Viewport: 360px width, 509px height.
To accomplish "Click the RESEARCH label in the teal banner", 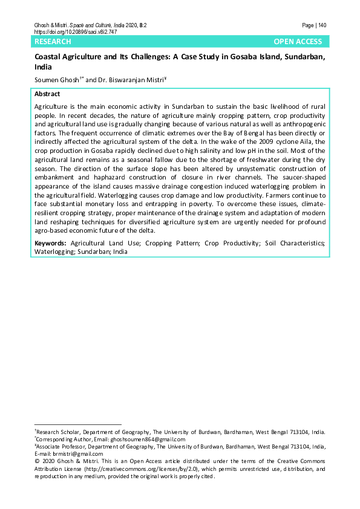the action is click(x=53, y=42).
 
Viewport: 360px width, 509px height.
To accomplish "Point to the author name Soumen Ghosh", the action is click(x=53, y=79).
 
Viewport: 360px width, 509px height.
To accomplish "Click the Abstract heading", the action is click(x=47, y=94).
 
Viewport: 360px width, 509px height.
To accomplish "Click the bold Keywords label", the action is click(x=50, y=242).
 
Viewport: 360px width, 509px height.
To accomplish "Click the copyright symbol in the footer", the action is click(x=37, y=461).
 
